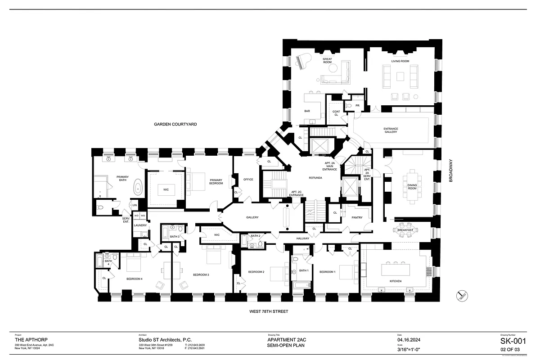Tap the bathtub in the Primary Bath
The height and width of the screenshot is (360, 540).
click(x=138, y=187)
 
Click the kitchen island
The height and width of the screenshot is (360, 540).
click(x=396, y=270)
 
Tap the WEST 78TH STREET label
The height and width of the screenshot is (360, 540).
click(x=269, y=311)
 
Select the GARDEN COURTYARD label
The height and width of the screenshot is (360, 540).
click(x=175, y=124)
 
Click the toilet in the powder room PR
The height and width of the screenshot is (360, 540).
click(x=349, y=106)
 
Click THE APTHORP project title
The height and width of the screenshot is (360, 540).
click(x=32, y=340)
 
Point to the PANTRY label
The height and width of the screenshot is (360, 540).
click(x=357, y=218)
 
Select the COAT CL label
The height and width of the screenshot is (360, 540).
click(x=336, y=113)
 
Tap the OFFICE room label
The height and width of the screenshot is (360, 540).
click(x=248, y=179)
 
